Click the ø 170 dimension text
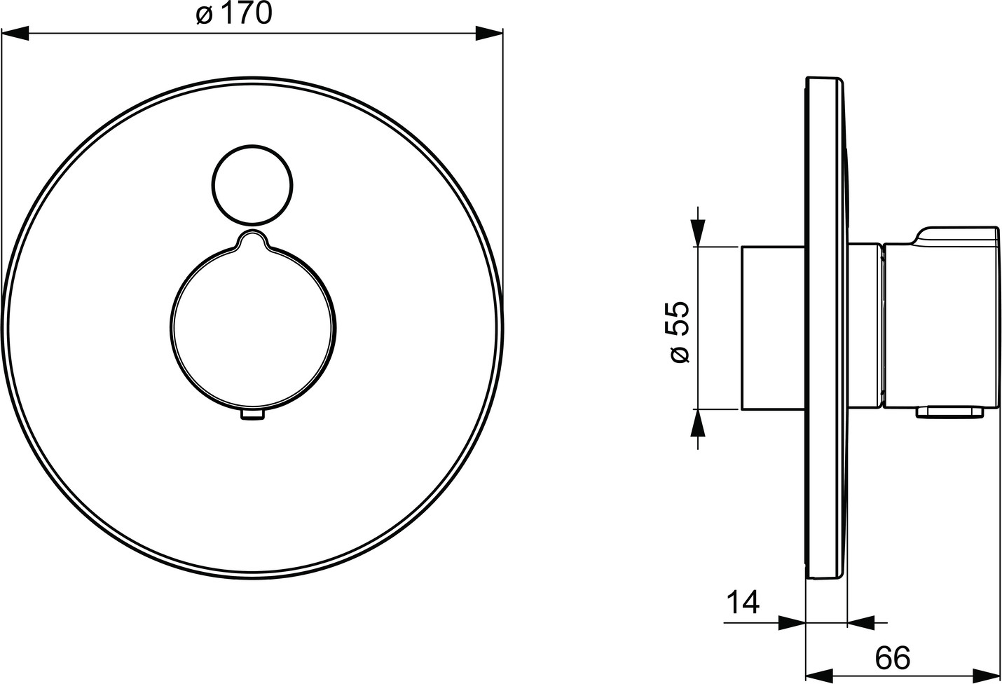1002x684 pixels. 233,14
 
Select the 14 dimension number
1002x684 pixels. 743,603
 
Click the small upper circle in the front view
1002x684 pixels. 252,185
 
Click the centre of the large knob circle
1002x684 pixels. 253,328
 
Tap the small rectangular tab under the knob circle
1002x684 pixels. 253,416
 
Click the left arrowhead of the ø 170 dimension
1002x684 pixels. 15,33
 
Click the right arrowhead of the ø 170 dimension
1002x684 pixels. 489,33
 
